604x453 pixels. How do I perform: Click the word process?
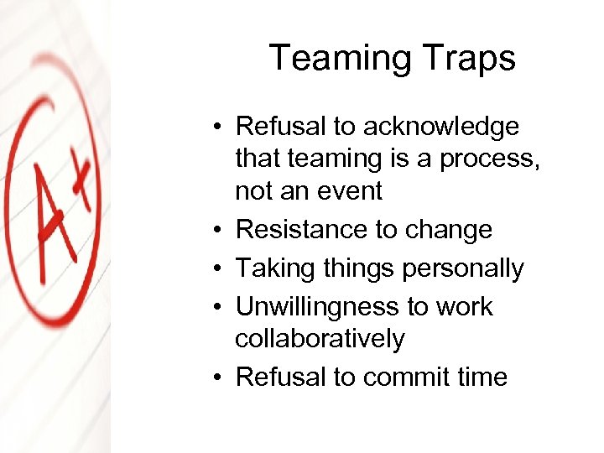[x=490, y=159]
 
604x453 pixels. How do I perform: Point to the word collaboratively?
[x=320, y=339]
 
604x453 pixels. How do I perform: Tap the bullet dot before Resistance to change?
[x=216, y=231]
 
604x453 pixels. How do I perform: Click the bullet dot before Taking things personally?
[x=216, y=269]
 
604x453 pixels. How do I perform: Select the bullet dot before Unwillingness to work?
[x=216, y=308]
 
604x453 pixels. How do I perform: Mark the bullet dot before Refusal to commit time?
[x=216, y=378]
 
